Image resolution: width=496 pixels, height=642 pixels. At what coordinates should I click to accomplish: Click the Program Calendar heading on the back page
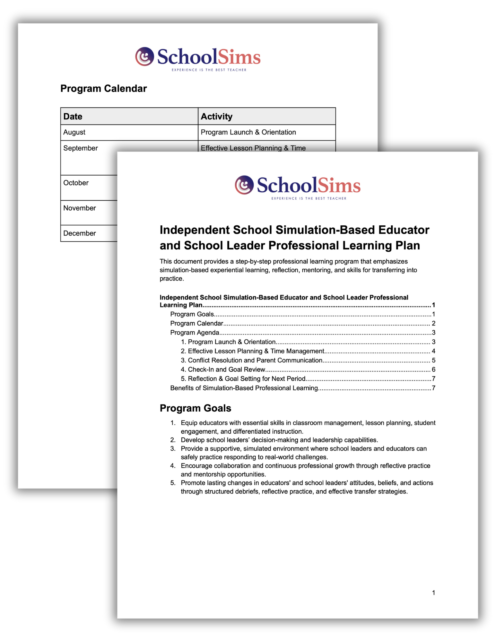103,89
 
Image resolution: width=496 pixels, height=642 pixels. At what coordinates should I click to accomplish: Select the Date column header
73,117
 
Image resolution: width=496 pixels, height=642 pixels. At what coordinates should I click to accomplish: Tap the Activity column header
216,117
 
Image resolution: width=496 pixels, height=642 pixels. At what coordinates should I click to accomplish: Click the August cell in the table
74,132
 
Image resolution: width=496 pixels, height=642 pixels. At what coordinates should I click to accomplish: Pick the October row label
76,183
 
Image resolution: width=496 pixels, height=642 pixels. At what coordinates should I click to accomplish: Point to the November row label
80,208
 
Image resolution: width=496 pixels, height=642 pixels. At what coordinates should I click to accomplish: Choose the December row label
80,233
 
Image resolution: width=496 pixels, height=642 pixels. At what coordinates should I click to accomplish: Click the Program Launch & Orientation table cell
248,132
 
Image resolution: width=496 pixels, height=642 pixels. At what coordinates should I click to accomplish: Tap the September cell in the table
81,148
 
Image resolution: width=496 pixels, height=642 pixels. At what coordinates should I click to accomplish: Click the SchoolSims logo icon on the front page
244,185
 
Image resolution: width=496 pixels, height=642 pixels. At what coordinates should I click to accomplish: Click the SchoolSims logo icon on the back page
144,56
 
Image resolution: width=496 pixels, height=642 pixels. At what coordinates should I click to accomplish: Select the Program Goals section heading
195,408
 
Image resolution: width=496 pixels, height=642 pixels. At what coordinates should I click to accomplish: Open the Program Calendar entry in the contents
196,324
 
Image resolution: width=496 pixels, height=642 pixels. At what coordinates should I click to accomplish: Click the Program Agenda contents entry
195,333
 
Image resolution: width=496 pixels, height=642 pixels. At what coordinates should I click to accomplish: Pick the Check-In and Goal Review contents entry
226,370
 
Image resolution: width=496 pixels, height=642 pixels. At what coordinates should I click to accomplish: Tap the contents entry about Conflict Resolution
255,360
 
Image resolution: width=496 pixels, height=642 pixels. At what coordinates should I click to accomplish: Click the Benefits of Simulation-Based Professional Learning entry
244,388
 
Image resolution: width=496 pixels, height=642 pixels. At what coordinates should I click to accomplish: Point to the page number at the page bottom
433,593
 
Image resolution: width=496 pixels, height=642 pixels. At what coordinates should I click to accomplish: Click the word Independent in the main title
195,230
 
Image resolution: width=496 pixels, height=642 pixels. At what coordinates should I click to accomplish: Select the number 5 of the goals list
173,483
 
